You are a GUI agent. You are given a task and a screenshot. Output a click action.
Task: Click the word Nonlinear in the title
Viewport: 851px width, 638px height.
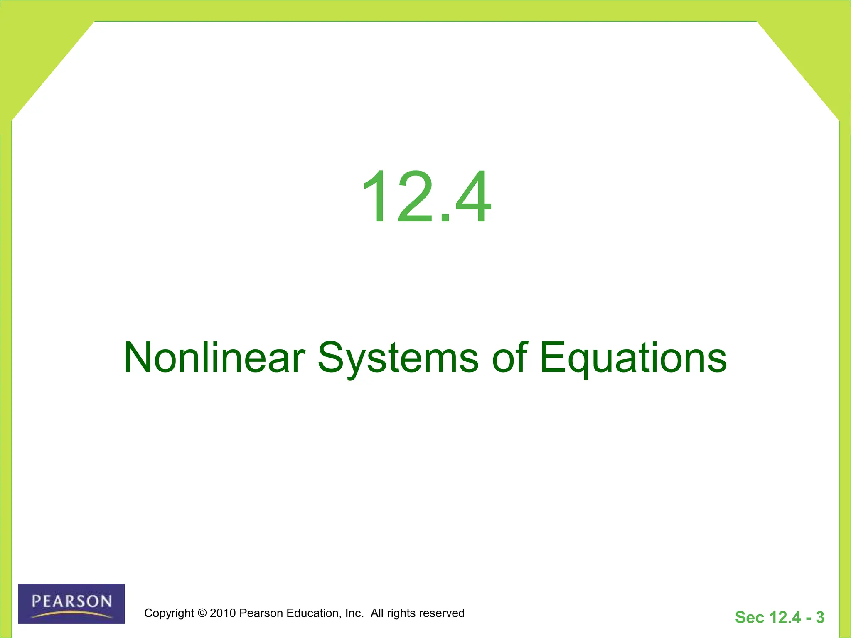pyautogui.click(x=214, y=358)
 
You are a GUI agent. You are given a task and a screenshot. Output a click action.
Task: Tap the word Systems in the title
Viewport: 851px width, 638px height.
pyautogui.click(x=398, y=358)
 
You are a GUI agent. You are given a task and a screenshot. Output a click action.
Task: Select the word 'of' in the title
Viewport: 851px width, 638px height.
pyautogui.click(x=509, y=358)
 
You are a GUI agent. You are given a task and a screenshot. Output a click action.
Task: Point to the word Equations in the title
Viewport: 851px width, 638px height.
pyautogui.click(x=633, y=358)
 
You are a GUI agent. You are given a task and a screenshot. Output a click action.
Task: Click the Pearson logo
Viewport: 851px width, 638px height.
pyautogui.click(x=71, y=604)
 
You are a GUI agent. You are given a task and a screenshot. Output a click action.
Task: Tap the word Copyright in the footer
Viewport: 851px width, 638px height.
pyautogui.click(x=169, y=613)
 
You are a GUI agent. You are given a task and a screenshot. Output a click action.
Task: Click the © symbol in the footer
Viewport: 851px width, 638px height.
pyautogui.click(x=202, y=613)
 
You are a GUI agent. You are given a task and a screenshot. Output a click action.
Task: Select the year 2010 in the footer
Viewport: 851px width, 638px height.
pyautogui.click(x=223, y=613)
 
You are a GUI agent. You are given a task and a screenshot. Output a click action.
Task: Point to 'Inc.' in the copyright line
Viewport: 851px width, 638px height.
pyautogui.click(x=354, y=613)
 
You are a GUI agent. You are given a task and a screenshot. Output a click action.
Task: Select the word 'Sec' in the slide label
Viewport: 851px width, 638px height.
pyautogui.click(x=749, y=617)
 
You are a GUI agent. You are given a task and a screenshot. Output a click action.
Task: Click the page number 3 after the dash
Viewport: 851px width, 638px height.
pyautogui.click(x=820, y=617)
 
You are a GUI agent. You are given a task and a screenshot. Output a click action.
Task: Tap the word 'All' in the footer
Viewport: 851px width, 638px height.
pyautogui.click(x=377, y=613)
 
